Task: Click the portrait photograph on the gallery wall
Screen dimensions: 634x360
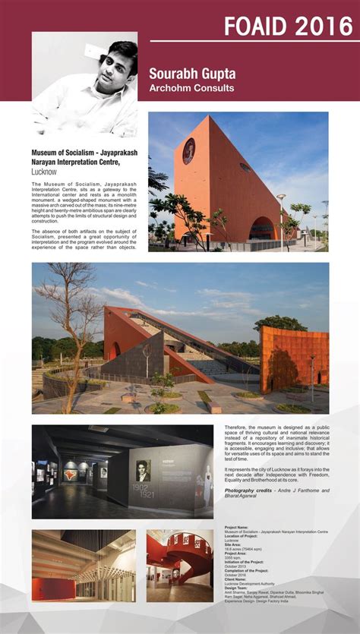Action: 143,471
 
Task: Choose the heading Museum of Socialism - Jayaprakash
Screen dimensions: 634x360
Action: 84,153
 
